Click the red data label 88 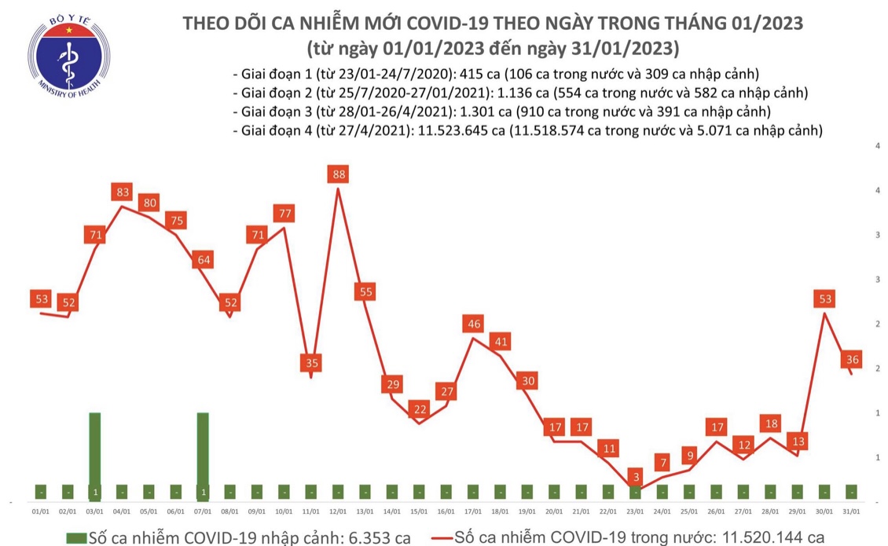click(338, 174)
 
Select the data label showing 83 click(122, 192)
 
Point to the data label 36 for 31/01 click(850, 360)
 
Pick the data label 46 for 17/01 click(473, 324)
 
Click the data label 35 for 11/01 click(311, 363)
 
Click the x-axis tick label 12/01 click(338, 511)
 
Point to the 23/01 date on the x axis click(635, 511)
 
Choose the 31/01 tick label click(851, 511)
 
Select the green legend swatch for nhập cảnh click(75, 537)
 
